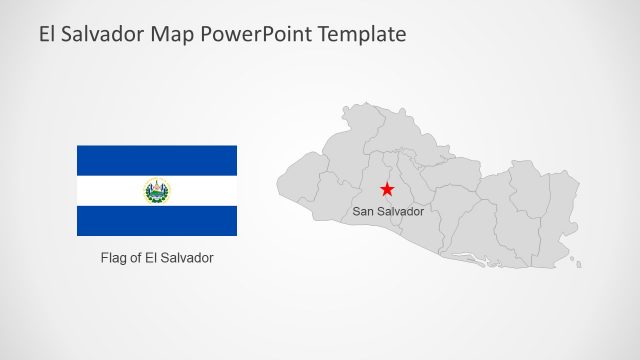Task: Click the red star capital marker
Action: (x=387, y=189)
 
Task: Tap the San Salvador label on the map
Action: (x=388, y=212)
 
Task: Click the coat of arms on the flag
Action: (x=157, y=191)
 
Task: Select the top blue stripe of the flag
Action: (x=157, y=160)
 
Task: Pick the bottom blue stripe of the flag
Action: (x=157, y=221)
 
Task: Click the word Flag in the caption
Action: (x=114, y=258)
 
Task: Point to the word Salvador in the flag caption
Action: (x=189, y=258)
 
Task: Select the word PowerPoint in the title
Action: (x=257, y=34)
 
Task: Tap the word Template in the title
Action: (x=363, y=34)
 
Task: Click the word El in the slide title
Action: (x=48, y=34)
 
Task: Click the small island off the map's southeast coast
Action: (x=577, y=263)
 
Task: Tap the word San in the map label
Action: (x=364, y=212)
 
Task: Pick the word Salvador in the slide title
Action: (x=102, y=34)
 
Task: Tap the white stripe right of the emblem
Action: (x=205, y=191)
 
